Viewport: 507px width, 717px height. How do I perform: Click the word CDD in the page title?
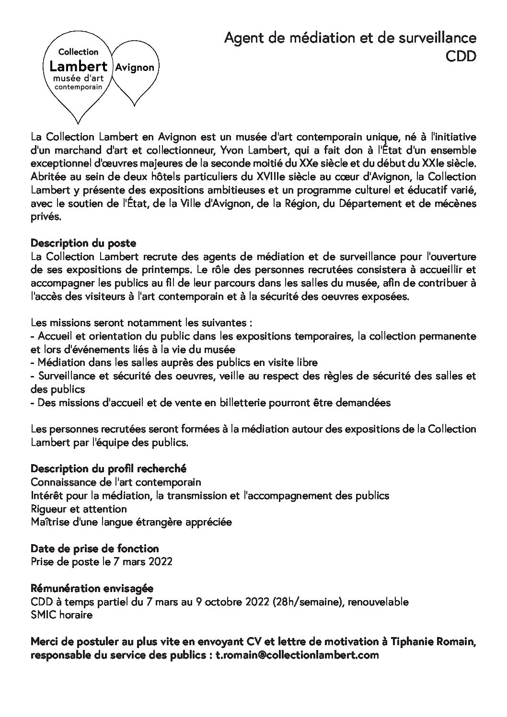[x=461, y=57]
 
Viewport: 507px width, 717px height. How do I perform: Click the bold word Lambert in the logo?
[x=81, y=66]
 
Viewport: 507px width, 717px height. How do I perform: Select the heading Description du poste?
[x=83, y=243]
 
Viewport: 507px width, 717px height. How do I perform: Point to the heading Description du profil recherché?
[x=108, y=468]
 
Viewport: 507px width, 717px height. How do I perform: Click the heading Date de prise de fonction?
[x=94, y=548]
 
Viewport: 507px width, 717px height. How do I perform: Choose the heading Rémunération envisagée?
[x=92, y=588]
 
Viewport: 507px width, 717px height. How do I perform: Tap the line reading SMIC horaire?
[x=61, y=615]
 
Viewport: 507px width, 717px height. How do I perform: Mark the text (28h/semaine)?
[x=307, y=602]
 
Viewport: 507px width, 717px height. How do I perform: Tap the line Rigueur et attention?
[x=79, y=509]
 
